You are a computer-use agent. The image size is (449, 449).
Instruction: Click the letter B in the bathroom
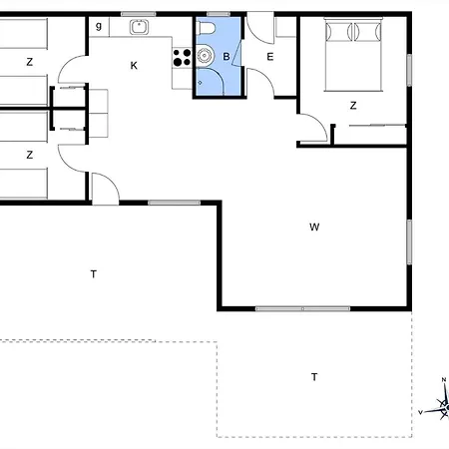[x=226, y=57]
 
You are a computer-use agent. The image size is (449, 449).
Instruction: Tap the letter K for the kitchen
[x=134, y=66]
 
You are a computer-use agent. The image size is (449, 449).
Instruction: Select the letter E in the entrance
[x=270, y=57]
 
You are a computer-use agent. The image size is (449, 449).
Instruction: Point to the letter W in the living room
[x=314, y=227]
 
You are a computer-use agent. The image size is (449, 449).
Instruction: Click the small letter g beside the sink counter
[x=99, y=26]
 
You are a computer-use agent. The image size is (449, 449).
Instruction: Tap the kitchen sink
[x=139, y=27]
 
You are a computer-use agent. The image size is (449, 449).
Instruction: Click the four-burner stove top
[x=182, y=58]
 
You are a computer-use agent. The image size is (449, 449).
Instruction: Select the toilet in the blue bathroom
[x=206, y=28]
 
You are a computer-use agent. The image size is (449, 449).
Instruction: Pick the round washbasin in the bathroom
[x=204, y=56]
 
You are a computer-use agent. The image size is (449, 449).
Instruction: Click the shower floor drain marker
[x=200, y=82]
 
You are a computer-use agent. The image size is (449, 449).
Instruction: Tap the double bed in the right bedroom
[x=353, y=54]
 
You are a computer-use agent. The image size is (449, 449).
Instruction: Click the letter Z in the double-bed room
[x=353, y=106]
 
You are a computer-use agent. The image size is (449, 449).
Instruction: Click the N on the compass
[x=444, y=380]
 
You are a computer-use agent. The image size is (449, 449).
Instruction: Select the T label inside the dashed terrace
[x=314, y=377]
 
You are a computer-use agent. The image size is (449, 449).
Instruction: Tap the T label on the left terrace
[x=94, y=274]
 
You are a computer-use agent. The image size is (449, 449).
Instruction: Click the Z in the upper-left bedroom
[x=30, y=62]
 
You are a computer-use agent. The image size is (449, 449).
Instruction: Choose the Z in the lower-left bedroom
[x=30, y=155]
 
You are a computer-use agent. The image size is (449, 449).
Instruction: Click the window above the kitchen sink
[x=138, y=14]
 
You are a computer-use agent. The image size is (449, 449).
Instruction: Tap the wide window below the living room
[x=302, y=308]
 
